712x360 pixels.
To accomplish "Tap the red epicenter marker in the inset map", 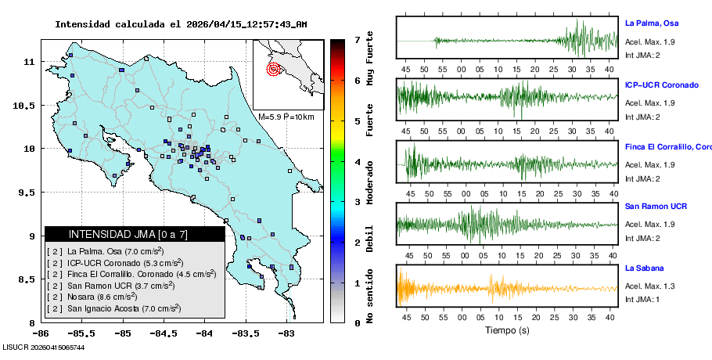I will [x=273, y=69].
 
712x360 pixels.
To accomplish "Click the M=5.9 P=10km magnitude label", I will [x=286, y=117].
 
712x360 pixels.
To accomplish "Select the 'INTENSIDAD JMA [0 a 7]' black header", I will [x=135, y=234].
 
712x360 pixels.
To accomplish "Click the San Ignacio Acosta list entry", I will [x=115, y=309].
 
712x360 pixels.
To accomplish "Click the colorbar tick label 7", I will [x=357, y=39].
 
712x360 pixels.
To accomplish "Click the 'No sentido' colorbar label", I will [x=370, y=297].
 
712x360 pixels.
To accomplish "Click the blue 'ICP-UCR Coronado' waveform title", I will [x=661, y=85].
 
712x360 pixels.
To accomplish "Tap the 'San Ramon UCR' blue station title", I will [x=656, y=207].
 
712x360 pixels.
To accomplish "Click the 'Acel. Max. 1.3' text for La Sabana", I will [x=649, y=286].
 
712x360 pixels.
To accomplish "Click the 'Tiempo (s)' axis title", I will [x=507, y=331].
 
